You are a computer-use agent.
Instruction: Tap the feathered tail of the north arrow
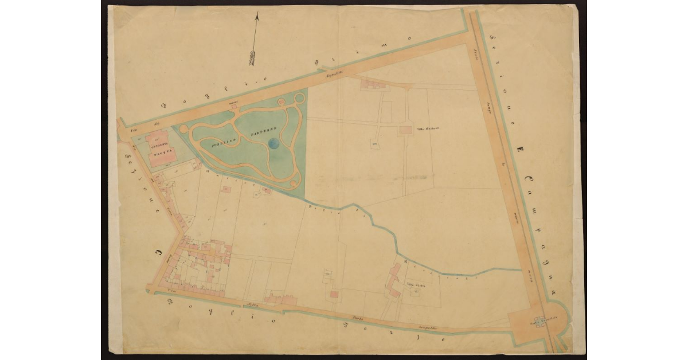252,57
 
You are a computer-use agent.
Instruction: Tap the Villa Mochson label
427,129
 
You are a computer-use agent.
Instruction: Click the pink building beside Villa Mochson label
405,130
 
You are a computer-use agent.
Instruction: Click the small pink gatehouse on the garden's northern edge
233,108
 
